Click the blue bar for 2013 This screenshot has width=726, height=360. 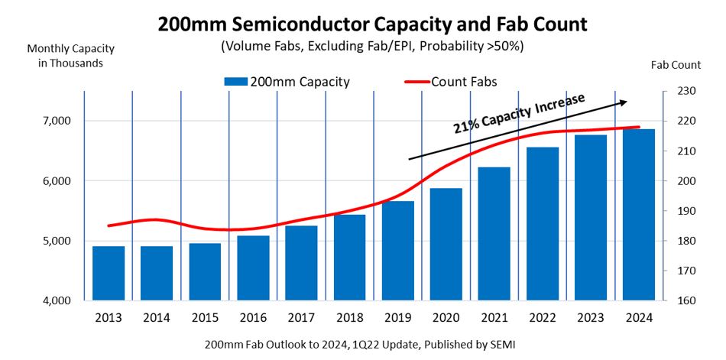click(x=109, y=273)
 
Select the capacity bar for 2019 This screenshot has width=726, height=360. click(x=397, y=251)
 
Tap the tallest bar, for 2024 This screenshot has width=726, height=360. click(x=639, y=215)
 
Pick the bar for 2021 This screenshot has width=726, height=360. click(x=494, y=233)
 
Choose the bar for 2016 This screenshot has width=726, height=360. click(x=253, y=268)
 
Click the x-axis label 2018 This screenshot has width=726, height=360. click(x=349, y=316)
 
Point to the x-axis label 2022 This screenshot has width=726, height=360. click(x=542, y=316)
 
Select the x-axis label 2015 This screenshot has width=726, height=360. click(x=205, y=316)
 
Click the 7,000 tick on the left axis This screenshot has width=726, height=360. click(x=54, y=121)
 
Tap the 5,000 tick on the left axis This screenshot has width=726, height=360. click(x=54, y=241)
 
